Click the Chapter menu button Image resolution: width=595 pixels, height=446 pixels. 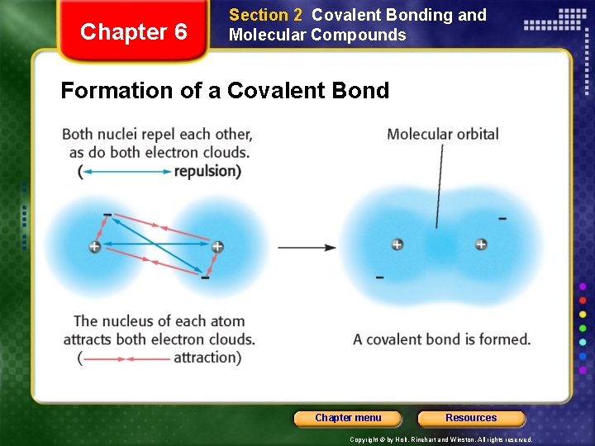pyautogui.click(x=348, y=418)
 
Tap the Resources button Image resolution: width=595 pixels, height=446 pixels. pyautogui.click(x=471, y=418)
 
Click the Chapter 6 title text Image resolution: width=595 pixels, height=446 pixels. pyautogui.click(x=133, y=32)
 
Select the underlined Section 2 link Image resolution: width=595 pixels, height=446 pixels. pyautogui.click(x=265, y=15)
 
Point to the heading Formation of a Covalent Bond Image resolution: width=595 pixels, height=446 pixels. pyautogui.click(x=225, y=90)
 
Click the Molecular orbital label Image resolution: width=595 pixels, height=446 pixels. pyautogui.click(x=442, y=134)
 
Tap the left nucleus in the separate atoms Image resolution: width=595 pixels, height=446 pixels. pyautogui.click(x=95, y=247)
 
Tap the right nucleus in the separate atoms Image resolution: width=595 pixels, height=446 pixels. pyautogui.click(x=217, y=246)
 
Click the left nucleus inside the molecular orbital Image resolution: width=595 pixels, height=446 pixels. pyautogui.click(x=397, y=244)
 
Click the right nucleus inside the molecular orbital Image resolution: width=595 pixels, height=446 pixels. pyautogui.click(x=481, y=244)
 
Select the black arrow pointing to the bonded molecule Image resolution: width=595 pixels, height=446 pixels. pyautogui.click(x=307, y=247)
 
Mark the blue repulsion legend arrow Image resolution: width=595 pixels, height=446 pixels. pyautogui.click(x=126, y=172)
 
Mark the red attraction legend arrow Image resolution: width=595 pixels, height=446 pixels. pyautogui.click(x=126, y=358)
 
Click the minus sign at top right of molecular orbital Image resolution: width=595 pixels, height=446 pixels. pyautogui.click(x=502, y=219)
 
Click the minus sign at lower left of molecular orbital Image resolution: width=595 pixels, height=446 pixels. pyautogui.click(x=379, y=278)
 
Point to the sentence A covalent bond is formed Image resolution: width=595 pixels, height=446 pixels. pyautogui.click(x=441, y=339)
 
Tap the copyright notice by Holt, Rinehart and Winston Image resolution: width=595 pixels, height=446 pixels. pyautogui.click(x=440, y=440)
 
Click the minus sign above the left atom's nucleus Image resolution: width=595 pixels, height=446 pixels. pyautogui.click(x=107, y=216)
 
